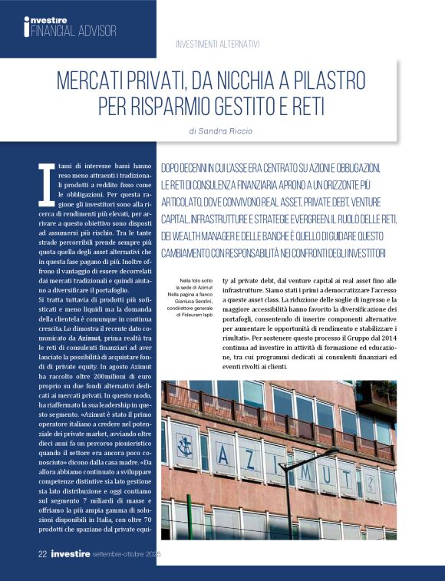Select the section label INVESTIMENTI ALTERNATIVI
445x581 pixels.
coord(218,44)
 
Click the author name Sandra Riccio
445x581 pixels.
coord(232,130)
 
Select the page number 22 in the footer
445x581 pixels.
coord(43,553)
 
